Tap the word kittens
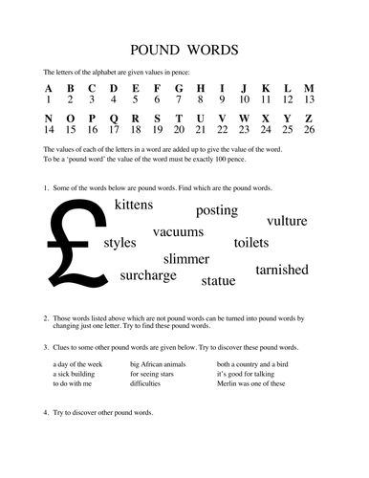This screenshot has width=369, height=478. coord(140,206)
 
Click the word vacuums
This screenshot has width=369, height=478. coord(178,232)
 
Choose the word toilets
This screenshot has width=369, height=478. coord(253,243)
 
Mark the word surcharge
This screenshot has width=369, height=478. coord(148,276)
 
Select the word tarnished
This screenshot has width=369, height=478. coord(282,271)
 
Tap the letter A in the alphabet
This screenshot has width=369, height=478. coord(48,89)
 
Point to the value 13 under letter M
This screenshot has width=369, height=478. coord(308,99)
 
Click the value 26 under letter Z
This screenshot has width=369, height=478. coord(308,129)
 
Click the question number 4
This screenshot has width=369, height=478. coord(46,412)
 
